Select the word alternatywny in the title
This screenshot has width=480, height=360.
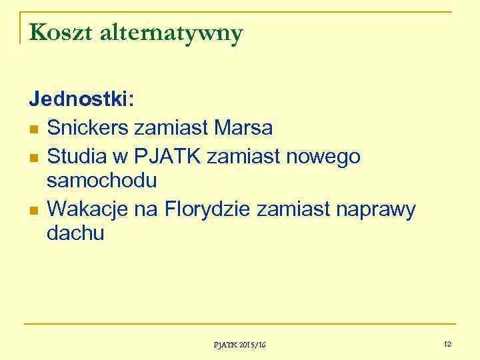tap(171, 33)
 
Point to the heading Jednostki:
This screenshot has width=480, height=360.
tap(81, 100)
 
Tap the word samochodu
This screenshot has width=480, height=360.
tap(102, 181)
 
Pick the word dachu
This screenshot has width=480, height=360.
tap(75, 233)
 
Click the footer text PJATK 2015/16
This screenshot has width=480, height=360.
tap(239, 345)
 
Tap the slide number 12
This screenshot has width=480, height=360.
tap(447, 344)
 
